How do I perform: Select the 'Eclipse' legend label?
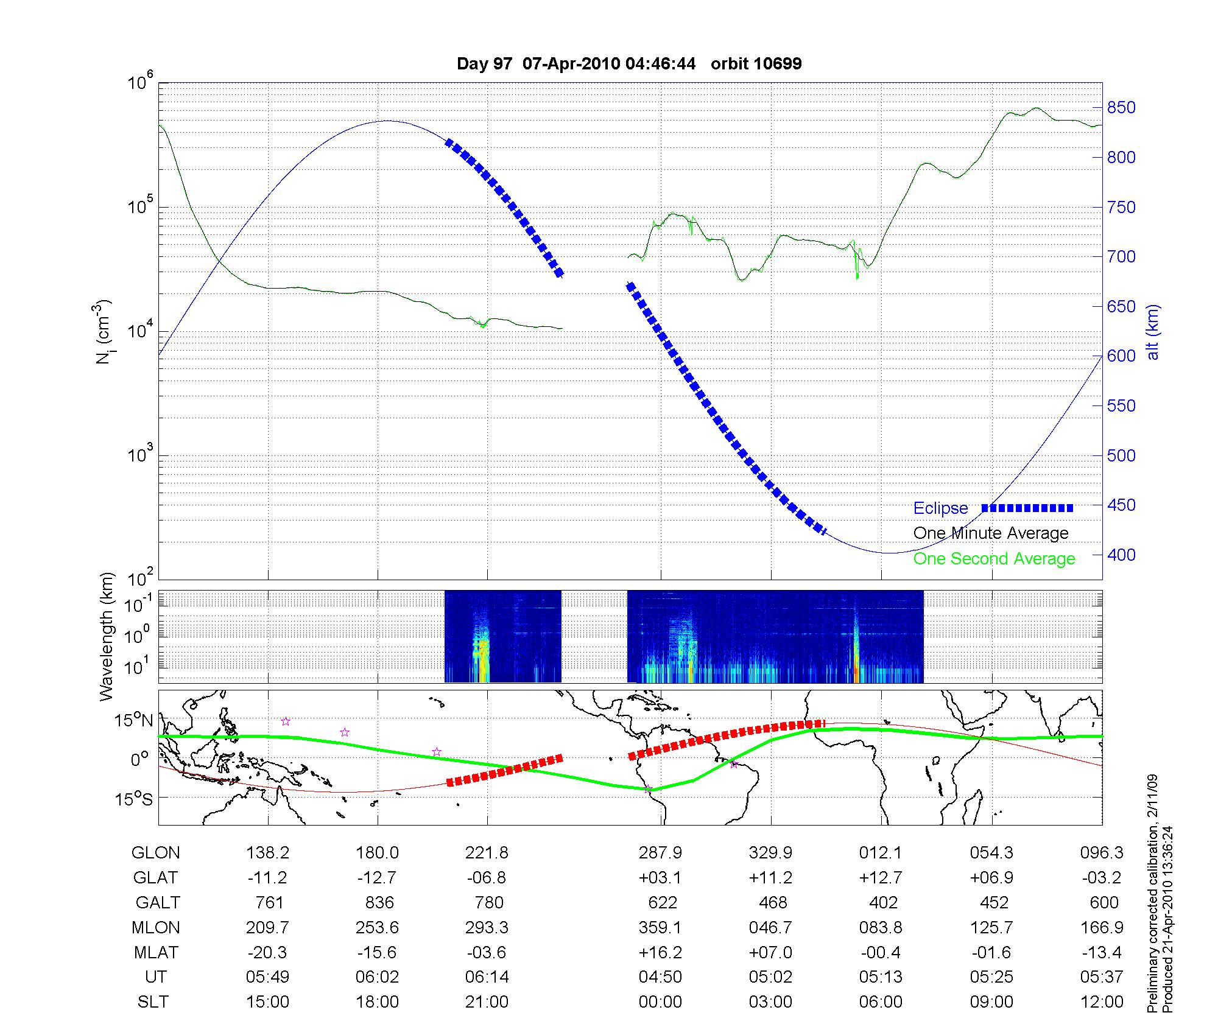tap(940, 508)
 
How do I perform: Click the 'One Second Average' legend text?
tap(994, 559)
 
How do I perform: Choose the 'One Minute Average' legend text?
tap(991, 533)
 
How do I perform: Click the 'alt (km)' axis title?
tap(1153, 332)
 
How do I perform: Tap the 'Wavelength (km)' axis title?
tap(107, 636)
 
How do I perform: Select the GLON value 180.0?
tap(378, 853)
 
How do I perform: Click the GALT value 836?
tap(379, 902)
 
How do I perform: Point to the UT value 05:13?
tap(881, 977)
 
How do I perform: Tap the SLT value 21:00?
tap(487, 1002)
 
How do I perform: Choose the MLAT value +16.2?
tap(660, 952)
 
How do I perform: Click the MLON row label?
tap(156, 928)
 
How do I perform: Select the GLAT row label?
tap(156, 878)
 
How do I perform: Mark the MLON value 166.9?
tap(1102, 928)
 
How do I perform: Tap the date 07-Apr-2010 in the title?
tap(572, 64)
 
